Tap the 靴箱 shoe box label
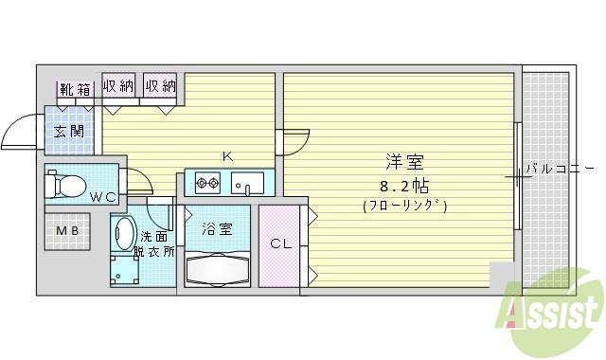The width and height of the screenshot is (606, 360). click(x=76, y=90)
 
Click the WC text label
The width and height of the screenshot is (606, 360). click(x=104, y=197)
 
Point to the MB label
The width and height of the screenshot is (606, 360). click(x=67, y=231)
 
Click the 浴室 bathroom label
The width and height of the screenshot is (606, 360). click(x=217, y=228)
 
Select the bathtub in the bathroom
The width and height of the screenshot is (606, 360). click(x=217, y=269)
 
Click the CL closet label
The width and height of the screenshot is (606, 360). click(x=281, y=243)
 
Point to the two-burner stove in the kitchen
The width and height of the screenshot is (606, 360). click(x=207, y=180)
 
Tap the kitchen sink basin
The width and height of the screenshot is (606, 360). click(x=251, y=180)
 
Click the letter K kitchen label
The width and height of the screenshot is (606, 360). click(x=227, y=156)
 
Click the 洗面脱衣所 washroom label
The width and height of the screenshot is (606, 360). click(x=157, y=244)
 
